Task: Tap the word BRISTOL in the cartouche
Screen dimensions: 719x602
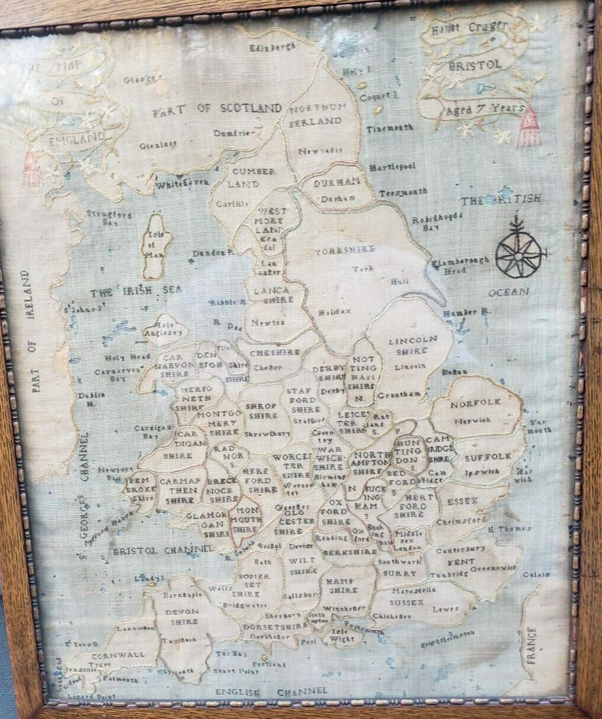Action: click(x=475, y=65)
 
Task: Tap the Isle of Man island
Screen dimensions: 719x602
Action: click(x=157, y=244)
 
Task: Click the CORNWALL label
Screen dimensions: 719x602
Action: click(x=118, y=654)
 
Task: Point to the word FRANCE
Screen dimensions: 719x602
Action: click(x=531, y=644)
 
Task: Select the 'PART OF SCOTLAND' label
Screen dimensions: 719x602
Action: click(x=217, y=109)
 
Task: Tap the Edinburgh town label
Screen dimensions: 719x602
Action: click(x=273, y=46)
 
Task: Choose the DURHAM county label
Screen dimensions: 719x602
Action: click(x=337, y=183)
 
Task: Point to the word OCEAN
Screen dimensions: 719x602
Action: click(x=509, y=292)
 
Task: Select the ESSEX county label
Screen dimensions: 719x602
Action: click(x=463, y=501)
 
